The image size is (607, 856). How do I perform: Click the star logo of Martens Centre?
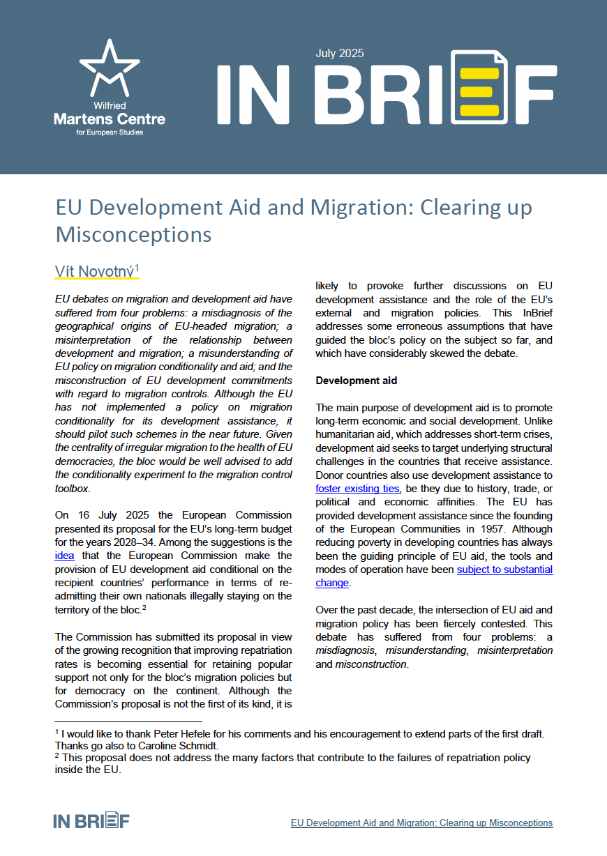pyautogui.click(x=109, y=68)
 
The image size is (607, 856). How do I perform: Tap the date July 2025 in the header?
pyautogui.click(x=340, y=54)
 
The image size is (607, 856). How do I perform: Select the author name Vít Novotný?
pyautogui.click(x=94, y=271)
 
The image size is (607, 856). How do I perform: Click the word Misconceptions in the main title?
pyautogui.click(x=134, y=234)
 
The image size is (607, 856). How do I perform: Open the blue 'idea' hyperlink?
pyautogui.click(x=63, y=556)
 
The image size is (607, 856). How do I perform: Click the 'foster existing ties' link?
pyautogui.click(x=357, y=489)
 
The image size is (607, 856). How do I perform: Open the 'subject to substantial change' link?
pyautogui.click(x=505, y=570)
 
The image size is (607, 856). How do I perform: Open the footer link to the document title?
pyautogui.click(x=421, y=823)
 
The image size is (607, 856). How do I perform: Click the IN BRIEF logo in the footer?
pyautogui.click(x=91, y=820)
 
